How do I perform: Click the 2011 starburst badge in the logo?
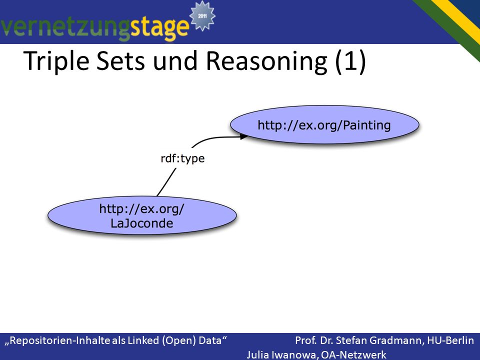click(202, 15)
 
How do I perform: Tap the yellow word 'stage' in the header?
click(160, 27)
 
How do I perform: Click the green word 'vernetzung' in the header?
click(65, 27)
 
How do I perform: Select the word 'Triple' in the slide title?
click(56, 61)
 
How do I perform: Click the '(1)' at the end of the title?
click(350, 61)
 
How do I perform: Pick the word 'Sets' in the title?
click(120, 61)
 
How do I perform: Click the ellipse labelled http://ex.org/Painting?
click(324, 125)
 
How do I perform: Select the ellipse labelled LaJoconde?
click(142, 215)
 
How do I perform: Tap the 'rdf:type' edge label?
click(183, 158)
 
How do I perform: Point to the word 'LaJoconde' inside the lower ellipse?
click(141, 223)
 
